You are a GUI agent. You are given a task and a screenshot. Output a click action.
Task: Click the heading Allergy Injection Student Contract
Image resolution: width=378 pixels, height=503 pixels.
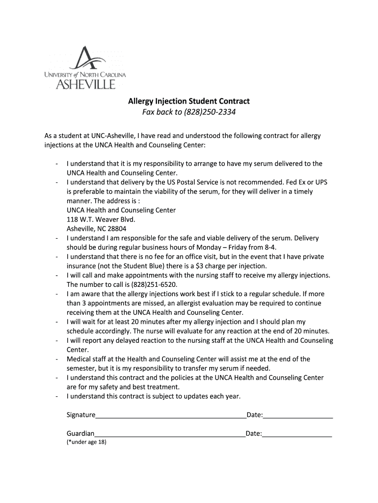189,101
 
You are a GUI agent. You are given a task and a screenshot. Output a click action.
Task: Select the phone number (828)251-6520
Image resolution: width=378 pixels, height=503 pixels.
154,285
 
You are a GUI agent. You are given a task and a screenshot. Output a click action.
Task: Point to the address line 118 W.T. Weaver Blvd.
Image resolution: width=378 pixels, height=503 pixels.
101,220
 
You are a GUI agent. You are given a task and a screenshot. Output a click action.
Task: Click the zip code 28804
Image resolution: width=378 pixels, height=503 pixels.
116,229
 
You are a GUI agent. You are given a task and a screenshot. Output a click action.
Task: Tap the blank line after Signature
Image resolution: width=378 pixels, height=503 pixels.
171,417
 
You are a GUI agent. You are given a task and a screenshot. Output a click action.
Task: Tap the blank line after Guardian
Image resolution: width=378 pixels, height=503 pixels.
170,435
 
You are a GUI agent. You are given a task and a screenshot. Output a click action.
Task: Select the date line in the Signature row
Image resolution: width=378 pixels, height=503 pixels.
298,417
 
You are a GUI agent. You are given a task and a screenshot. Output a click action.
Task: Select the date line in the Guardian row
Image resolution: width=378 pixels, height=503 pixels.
297,435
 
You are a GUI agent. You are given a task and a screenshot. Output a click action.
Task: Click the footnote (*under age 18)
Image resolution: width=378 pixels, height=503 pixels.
86,442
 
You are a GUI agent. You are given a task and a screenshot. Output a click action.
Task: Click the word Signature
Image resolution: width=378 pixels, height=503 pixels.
81,415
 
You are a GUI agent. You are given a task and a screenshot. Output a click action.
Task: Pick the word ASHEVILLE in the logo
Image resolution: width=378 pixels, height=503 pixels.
85,84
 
